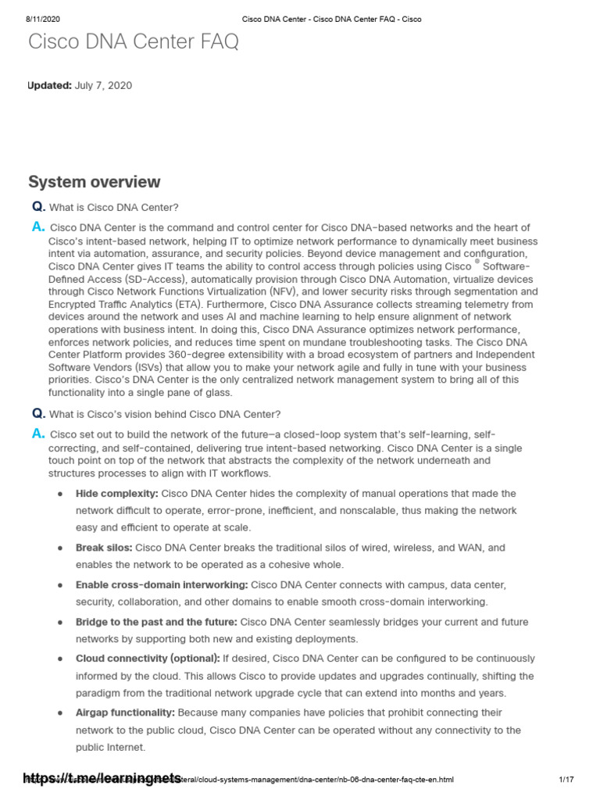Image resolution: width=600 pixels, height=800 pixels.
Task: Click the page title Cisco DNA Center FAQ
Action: [x=134, y=42]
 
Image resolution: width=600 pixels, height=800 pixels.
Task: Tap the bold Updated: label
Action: [x=50, y=85]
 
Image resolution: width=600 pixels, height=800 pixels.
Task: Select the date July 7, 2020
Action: [x=104, y=85]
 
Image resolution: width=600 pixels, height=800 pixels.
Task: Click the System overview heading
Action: [x=95, y=182]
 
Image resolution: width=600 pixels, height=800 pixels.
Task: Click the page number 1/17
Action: [x=566, y=780]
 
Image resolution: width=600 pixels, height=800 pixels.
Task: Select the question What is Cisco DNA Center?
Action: [x=114, y=207]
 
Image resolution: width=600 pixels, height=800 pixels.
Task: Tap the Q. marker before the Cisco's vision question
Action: [x=37, y=413]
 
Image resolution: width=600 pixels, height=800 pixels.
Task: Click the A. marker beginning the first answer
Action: [x=37, y=227]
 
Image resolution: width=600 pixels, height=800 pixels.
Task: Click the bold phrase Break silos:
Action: [x=104, y=548]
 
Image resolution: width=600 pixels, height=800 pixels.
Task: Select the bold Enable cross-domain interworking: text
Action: [x=162, y=584]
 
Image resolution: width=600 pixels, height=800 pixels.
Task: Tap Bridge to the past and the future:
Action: [x=156, y=622]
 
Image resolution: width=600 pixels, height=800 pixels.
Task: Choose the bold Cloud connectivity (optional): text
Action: [x=148, y=659]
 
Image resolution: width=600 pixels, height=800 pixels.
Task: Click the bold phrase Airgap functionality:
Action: [x=125, y=712]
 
